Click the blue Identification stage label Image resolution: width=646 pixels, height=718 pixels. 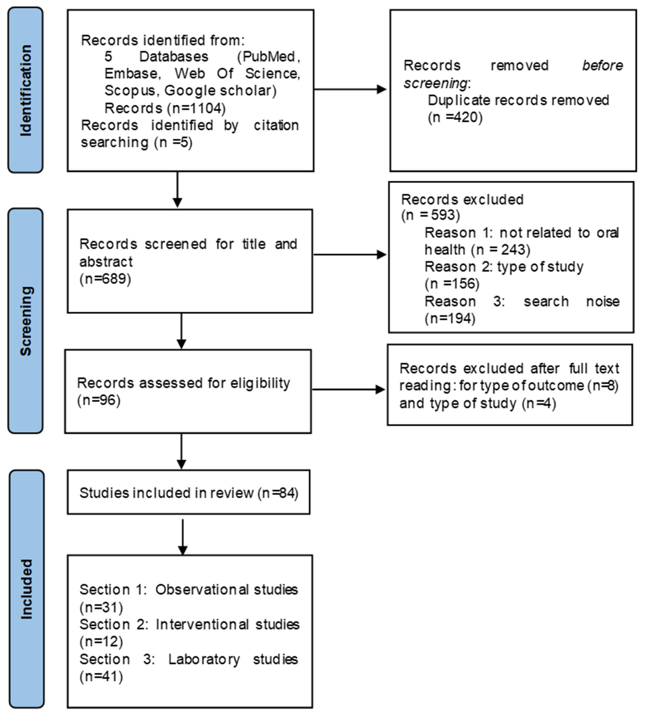pyautogui.click(x=25, y=90)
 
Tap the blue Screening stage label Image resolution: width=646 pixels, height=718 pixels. pyautogui.click(x=25, y=321)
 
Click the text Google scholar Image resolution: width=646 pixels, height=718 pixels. pyautogui.click(x=220, y=91)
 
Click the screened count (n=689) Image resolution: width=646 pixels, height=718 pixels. pyautogui.click(x=105, y=279)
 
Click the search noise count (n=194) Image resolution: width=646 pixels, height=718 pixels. pyautogui.click(x=450, y=318)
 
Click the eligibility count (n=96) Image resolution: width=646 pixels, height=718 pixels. pyautogui.click(x=99, y=400)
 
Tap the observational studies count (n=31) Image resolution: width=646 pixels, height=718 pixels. pyautogui.click(x=101, y=608)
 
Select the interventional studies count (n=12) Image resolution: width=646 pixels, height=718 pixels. pyautogui.click(x=101, y=642)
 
